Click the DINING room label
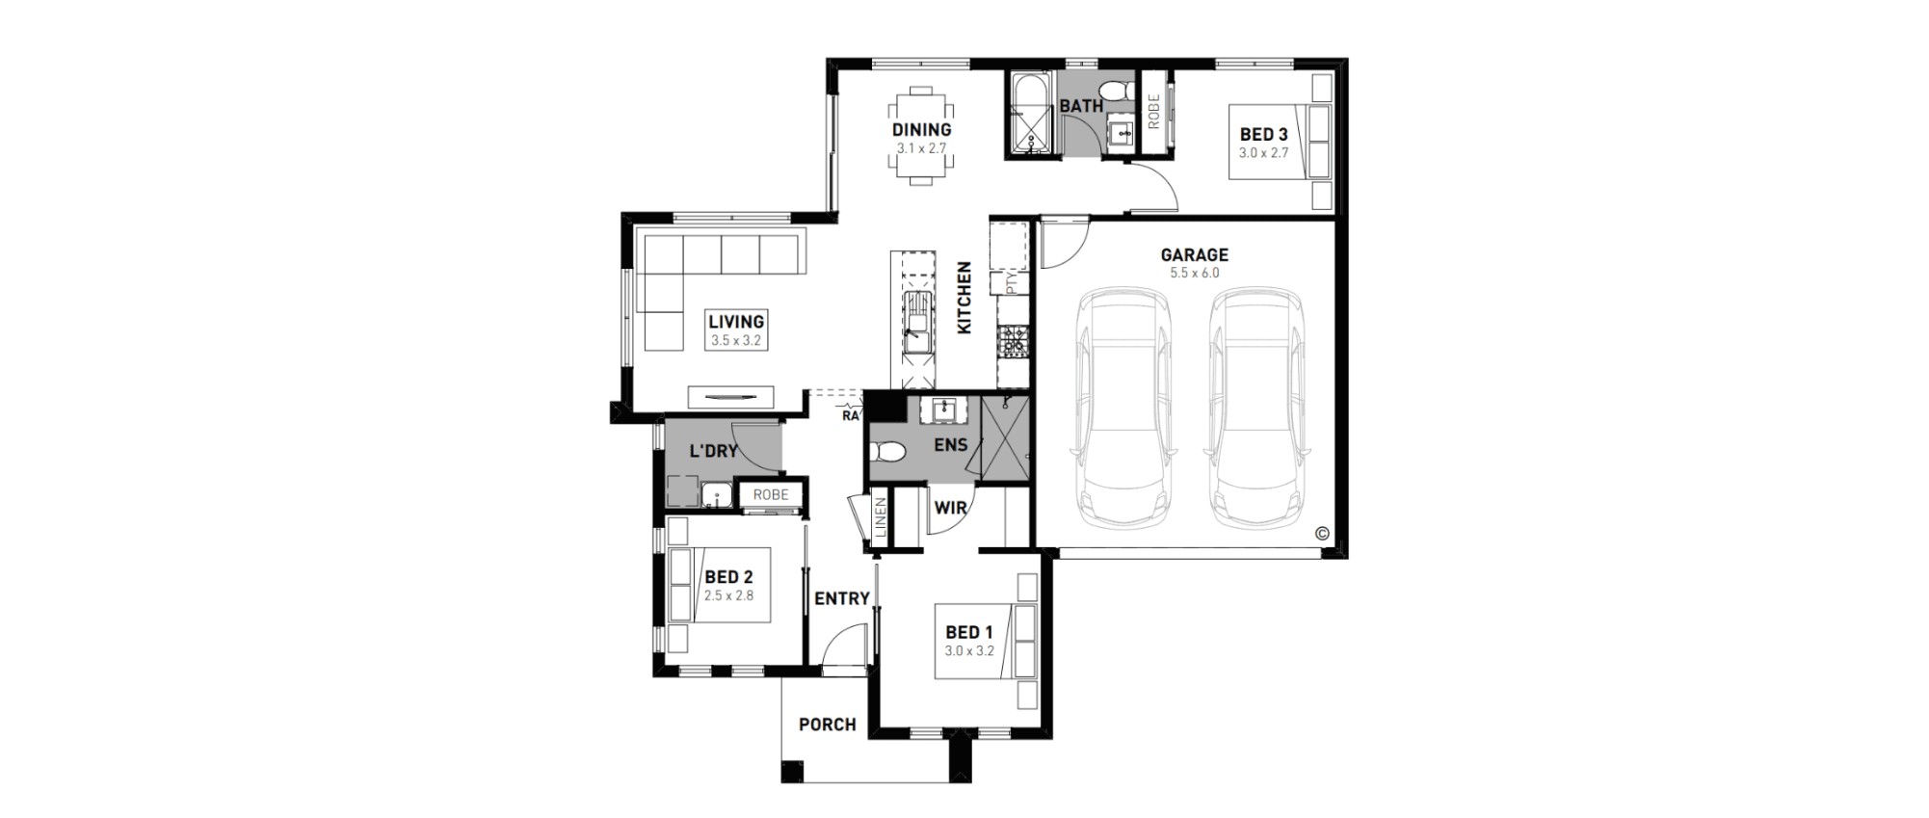pyautogui.click(x=921, y=129)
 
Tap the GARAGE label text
pyautogui.click(x=1194, y=255)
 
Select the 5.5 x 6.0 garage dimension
pyautogui.click(x=1194, y=274)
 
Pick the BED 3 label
pyautogui.click(x=1263, y=135)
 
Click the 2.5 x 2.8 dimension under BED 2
pyautogui.click(x=728, y=595)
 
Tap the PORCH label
pyautogui.click(x=828, y=725)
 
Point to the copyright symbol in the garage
pyautogui.click(x=1321, y=533)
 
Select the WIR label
pyautogui.click(x=950, y=507)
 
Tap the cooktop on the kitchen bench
pyautogui.click(x=1013, y=340)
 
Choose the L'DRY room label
pyautogui.click(x=714, y=451)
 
